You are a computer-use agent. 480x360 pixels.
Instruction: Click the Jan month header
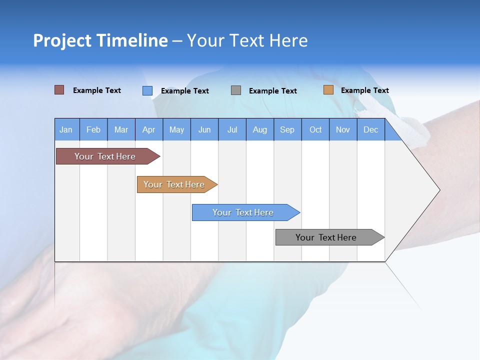[x=66, y=129]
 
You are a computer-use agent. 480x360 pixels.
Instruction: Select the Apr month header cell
[x=149, y=129]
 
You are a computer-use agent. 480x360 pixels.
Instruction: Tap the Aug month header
[x=260, y=129]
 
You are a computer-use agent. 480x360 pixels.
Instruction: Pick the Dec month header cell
[x=370, y=129]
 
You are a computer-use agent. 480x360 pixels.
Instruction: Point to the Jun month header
[x=204, y=129]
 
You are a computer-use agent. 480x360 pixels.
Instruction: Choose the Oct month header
[x=315, y=129]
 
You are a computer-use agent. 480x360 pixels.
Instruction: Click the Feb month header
[x=93, y=129]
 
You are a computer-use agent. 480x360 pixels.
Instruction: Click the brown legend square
[x=59, y=90]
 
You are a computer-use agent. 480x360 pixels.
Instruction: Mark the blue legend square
[x=147, y=90]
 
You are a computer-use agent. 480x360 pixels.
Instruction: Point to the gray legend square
[x=236, y=90]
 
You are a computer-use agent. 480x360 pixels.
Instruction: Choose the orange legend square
[x=328, y=90]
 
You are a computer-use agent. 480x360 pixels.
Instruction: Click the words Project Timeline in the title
[x=100, y=40]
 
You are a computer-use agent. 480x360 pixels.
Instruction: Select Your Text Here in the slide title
[x=247, y=40]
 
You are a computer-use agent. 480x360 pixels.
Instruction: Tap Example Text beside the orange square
[x=364, y=90]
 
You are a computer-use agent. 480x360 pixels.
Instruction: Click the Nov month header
[x=343, y=129]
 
